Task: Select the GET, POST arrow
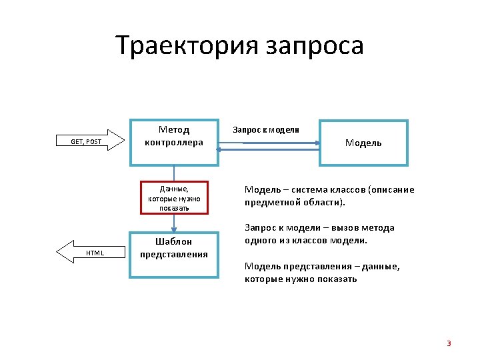[x=90, y=141]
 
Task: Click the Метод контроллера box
[x=174, y=142]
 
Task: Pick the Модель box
[x=363, y=143]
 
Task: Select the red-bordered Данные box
[x=174, y=198]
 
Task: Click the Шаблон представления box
[x=174, y=255]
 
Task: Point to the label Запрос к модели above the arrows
[x=265, y=129]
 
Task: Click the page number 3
[x=449, y=343]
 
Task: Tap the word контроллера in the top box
[x=174, y=142]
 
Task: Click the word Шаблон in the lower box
[x=174, y=242]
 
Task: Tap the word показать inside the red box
[x=174, y=207]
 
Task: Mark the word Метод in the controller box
[x=174, y=129]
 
